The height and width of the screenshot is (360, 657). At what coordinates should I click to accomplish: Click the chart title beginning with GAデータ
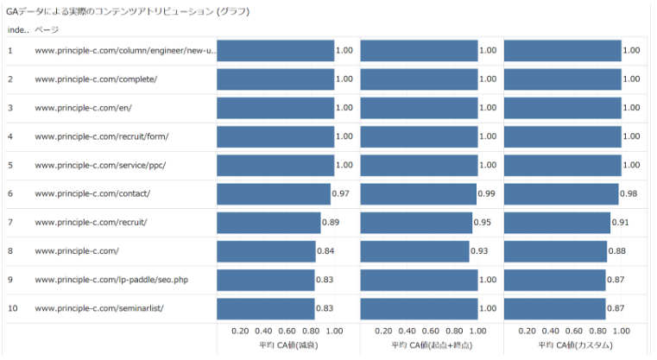click(128, 12)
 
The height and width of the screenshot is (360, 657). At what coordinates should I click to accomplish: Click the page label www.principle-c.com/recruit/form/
click(102, 136)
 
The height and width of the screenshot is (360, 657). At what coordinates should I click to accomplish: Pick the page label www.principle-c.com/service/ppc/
click(100, 165)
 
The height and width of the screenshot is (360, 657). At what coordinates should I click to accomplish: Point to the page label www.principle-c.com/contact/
click(92, 193)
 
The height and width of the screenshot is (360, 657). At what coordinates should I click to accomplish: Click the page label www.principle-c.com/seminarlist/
click(99, 308)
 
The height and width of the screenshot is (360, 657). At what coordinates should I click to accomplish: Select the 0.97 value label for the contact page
click(340, 193)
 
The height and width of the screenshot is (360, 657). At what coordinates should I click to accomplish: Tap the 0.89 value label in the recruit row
click(330, 222)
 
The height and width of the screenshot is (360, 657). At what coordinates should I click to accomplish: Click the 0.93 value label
click(479, 251)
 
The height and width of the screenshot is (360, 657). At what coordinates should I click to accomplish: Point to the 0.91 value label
click(620, 222)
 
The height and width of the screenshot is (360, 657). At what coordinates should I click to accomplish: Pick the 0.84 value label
click(325, 251)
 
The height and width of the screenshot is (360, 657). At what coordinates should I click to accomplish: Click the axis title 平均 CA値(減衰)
click(288, 345)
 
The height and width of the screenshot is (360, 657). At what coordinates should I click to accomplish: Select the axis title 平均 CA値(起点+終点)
click(431, 345)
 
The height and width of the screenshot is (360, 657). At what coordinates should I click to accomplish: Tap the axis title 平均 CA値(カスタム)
click(575, 345)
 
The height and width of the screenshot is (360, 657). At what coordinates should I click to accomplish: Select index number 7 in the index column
click(10, 222)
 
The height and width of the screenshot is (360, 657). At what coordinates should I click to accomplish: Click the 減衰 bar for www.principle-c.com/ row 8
click(266, 251)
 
